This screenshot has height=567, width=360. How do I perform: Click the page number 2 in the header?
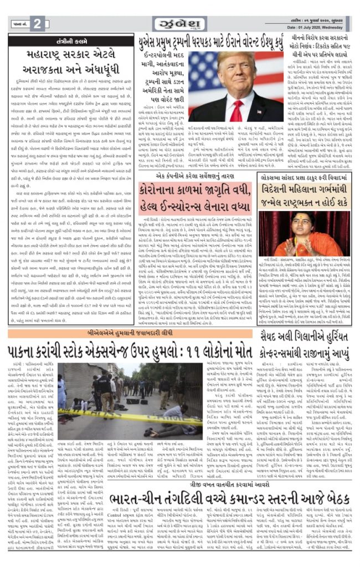point(37,23)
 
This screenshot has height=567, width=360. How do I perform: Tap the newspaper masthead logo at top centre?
point(179,23)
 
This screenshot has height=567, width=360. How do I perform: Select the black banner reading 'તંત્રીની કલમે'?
point(70,42)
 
